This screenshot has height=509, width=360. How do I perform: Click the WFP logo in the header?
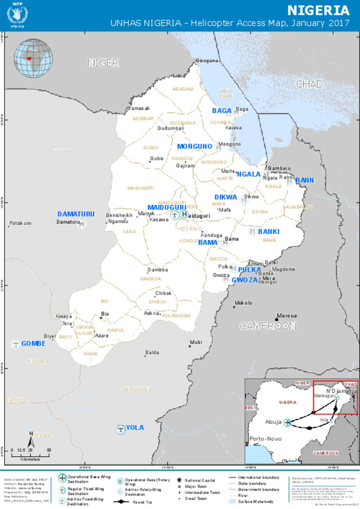pos(17,15)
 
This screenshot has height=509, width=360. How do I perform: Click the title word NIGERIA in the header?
pos(318,11)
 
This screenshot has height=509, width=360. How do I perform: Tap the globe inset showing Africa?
pos(33,58)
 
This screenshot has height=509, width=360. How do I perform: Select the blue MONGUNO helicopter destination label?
pos(194,146)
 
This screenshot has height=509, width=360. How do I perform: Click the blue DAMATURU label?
pos(76,214)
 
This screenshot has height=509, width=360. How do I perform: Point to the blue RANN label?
pos(304,180)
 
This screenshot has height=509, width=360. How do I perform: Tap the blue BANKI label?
pos(269,231)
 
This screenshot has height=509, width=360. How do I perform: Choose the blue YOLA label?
pos(135,427)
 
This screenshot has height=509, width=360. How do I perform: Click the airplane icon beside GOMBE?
pos(15,344)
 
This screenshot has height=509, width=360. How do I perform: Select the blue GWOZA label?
pos(244,280)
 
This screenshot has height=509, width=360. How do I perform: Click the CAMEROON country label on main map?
pos(268,326)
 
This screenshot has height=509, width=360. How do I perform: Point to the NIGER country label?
pos(103,63)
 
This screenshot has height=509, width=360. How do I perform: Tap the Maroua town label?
pos(287,316)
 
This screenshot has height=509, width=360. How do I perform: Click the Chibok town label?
pos(163,293)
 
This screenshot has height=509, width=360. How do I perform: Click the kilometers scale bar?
pos(30,455)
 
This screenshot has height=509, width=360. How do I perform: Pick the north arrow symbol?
pos(31,440)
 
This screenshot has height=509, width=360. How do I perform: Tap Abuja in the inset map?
pos(273,422)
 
